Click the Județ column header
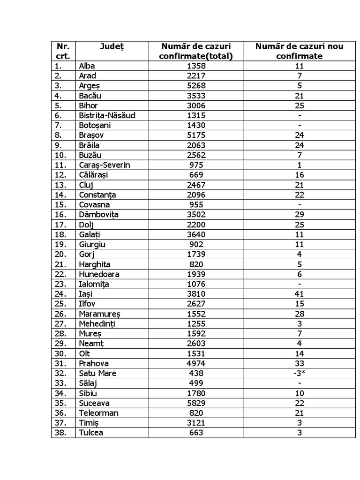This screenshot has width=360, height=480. point(112,46)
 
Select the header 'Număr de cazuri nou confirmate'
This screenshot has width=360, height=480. point(299,51)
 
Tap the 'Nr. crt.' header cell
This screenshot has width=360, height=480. point(63,51)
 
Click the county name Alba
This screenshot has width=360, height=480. point(87,66)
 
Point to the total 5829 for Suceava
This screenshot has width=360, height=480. point(196,403)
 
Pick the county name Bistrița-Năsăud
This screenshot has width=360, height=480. point(107,115)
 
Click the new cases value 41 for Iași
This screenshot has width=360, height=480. point(299,294)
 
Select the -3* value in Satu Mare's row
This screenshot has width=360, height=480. point(299,374)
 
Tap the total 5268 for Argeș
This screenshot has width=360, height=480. point(196,86)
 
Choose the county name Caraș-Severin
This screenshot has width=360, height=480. point(105,165)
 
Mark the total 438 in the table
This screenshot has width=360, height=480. point(196,374)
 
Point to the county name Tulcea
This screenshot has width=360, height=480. point(91,433)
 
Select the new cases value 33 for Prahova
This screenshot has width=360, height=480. point(299,363)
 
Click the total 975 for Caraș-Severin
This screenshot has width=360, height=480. point(196,165)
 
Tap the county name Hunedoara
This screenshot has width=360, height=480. point(99,274)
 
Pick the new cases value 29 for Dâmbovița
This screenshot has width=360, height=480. point(299,215)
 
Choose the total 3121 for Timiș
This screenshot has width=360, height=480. point(196,423)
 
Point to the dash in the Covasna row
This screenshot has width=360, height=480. point(299,205)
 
